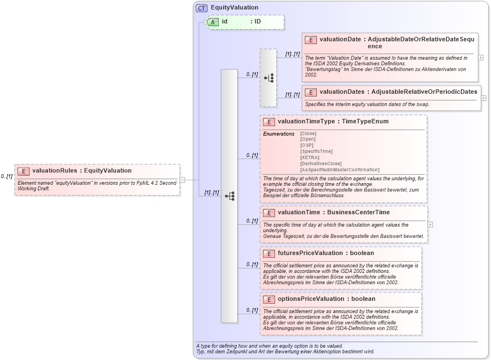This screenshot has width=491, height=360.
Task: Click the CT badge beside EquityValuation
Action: coord(201,8)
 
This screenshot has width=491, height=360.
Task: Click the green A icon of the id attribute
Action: coord(213,22)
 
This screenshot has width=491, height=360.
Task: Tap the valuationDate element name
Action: coord(340,40)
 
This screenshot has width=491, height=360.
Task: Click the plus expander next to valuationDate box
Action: coord(481,57)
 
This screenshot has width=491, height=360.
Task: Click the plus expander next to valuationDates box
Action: coord(484,98)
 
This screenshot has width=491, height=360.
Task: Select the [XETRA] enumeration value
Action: coord(310,157)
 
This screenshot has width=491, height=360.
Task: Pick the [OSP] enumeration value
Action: coord(307,145)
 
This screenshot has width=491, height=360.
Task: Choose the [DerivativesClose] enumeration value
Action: coord(321,164)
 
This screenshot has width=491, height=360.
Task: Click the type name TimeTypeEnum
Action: coord(365,121)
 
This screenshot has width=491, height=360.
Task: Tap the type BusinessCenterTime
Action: coord(358,213)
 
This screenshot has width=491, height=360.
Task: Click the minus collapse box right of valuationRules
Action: coord(182,180)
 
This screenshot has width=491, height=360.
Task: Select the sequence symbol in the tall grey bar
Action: coord(229,196)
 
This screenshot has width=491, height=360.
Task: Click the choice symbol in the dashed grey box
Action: coord(268,78)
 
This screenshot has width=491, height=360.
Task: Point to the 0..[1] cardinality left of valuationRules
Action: coord(7,176)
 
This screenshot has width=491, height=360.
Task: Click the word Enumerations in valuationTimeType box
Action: coord(278,134)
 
